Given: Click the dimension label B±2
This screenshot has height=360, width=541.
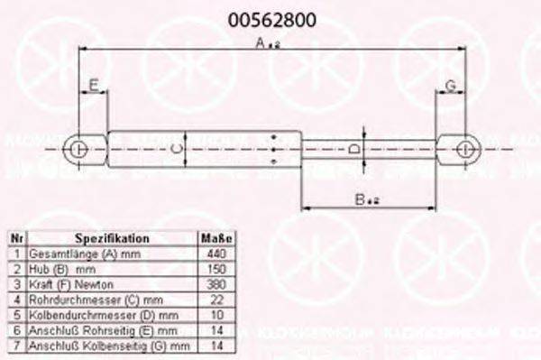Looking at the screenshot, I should pos(364,200).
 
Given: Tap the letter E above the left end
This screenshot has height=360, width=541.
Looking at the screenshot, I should pos(92,87).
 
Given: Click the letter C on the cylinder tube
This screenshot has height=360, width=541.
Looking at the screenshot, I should pos(178,148).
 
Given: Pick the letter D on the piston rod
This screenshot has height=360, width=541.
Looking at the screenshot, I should pos(354,148).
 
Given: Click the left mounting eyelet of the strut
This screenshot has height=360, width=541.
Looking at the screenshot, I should pos(80,148).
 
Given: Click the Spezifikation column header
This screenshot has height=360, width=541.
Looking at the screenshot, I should pos(112,238).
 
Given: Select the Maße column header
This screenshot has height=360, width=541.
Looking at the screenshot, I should pos(216,238).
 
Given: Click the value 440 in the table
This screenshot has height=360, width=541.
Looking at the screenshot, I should pos(216,254).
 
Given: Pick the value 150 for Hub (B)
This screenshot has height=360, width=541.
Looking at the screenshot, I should pos(216,269).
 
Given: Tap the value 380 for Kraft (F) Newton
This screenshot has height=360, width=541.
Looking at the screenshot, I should pos(216,284).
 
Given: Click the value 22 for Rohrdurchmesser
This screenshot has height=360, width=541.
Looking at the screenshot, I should pos(216,300).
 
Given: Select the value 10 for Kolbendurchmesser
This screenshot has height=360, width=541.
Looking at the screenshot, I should pos(216,315).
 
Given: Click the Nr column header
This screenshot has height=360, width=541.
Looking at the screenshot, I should pos(16,238).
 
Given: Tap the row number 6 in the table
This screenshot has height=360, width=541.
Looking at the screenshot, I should pos(16,330).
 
